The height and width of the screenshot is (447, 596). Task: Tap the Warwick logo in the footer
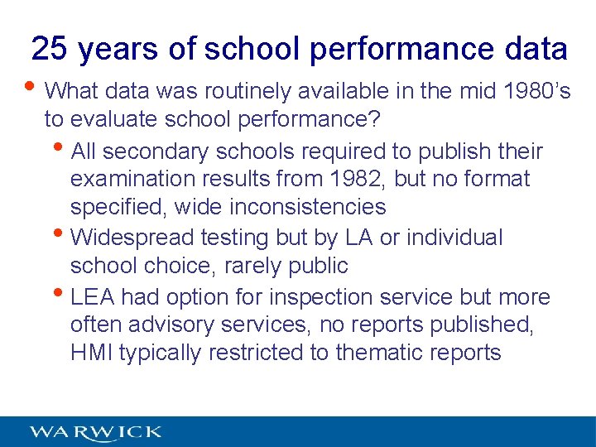click(x=95, y=431)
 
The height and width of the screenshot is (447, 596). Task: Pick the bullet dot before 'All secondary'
click(x=63, y=149)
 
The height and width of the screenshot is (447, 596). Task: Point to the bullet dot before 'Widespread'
click(x=63, y=234)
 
